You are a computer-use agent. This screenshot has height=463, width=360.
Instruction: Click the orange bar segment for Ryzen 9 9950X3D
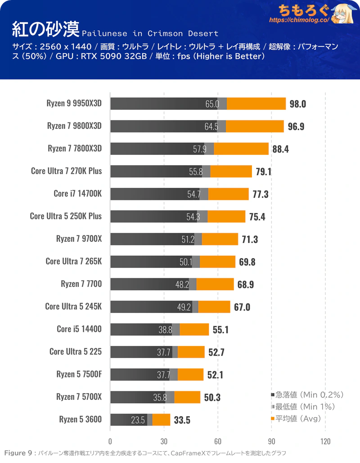(x=256, y=104)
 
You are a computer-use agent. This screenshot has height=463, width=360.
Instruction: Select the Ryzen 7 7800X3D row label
(x=75, y=149)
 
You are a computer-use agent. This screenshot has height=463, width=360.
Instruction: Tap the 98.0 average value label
(x=298, y=104)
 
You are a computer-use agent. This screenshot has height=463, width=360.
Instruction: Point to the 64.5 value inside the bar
(x=211, y=127)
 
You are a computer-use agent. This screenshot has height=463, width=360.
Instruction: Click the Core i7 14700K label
(x=77, y=194)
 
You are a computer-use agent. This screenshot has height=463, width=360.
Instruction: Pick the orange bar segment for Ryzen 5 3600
(x=162, y=420)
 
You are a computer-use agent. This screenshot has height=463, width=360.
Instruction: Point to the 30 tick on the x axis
(x=164, y=441)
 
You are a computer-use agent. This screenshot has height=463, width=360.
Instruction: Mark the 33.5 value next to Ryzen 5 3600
(x=182, y=420)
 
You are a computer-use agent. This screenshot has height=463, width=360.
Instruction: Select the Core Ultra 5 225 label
(x=76, y=352)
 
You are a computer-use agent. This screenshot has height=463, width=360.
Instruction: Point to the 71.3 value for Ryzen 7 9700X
(x=250, y=239)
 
